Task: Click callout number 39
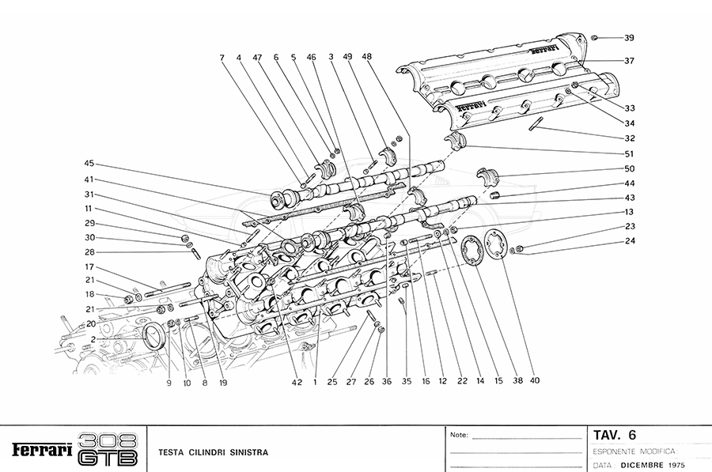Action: click(629, 38)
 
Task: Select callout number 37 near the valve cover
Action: click(629, 61)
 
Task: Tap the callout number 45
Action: click(89, 164)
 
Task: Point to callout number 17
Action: click(90, 266)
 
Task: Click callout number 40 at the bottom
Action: click(535, 380)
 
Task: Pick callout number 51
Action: click(629, 153)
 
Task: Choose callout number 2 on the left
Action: click(93, 339)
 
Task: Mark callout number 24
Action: click(629, 242)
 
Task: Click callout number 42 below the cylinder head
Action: click(297, 382)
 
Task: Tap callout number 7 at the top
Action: click(222, 58)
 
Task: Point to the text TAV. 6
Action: click(615, 434)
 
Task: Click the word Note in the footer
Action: click(459, 435)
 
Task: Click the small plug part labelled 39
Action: click(596, 37)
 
